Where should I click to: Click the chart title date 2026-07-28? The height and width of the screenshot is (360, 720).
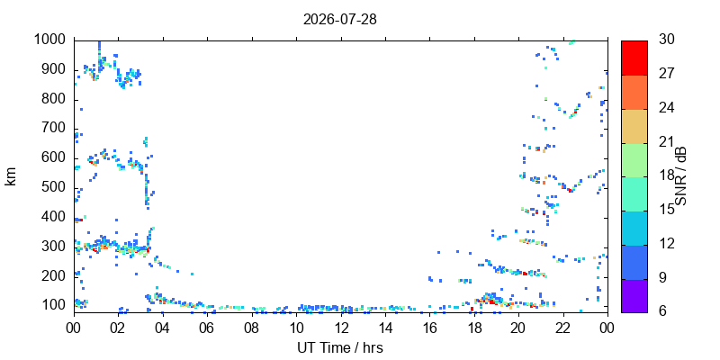[340, 20]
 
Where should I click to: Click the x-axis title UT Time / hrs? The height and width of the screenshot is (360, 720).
[340, 347]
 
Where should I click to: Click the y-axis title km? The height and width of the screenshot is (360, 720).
[11, 176]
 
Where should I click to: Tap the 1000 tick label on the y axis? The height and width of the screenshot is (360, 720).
[52, 40]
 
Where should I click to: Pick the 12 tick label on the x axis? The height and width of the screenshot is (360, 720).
[341, 328]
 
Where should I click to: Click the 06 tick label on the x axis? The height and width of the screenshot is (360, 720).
[208, 328]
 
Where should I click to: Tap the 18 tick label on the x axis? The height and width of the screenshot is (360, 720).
[474, 328]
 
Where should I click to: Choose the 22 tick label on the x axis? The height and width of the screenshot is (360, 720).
[563, 328]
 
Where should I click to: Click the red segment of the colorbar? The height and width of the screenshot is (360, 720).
[634, 58]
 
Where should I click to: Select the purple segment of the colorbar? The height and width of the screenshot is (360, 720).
[634, 296]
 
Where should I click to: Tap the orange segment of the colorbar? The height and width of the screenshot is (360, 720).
[634, 92]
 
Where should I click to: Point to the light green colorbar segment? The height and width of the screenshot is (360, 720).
[634, 160]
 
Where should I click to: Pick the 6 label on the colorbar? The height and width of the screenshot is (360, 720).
[661, 310]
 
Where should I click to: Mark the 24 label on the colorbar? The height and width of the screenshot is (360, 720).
[666, 107]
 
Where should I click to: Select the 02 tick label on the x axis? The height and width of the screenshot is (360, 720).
[119, 328]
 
